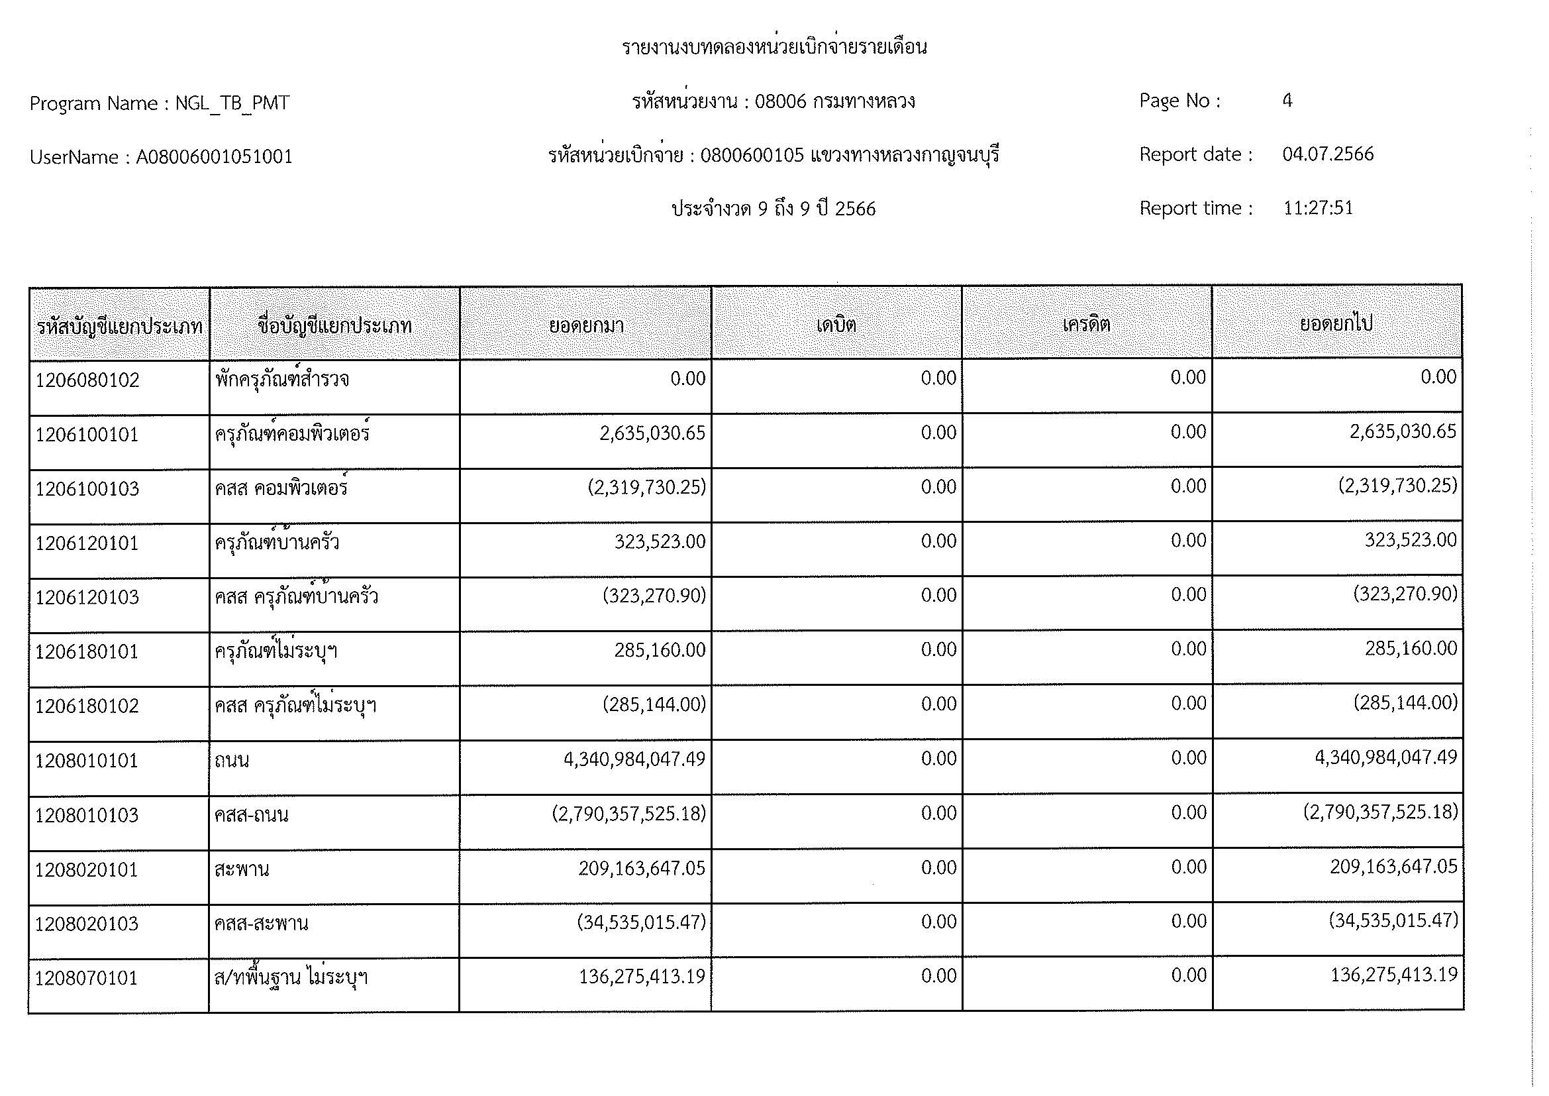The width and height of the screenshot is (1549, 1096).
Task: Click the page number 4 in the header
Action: point(1287,101)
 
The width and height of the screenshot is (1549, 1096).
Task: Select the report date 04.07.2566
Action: point(1327,154)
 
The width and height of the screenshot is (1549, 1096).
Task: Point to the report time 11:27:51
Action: point(1318,208)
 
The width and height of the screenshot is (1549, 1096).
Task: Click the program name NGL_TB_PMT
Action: point(232,103)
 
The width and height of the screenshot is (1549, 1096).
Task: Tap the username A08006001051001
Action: point(215,157)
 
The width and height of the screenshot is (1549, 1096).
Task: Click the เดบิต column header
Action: point(836,325)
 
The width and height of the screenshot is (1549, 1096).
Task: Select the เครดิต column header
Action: point(1086,325)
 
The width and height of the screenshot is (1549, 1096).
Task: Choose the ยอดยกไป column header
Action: point(1336,324)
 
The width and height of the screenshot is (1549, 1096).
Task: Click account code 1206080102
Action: point(87,380)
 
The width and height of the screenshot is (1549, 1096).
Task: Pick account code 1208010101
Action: point(86,761)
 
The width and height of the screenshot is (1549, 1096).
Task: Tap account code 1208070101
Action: point(86,978)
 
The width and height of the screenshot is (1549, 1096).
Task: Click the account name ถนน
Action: point(232,761)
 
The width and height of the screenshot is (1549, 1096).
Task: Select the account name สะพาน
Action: point(242,869)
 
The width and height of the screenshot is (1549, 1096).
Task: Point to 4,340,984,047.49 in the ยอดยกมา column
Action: point(634,759)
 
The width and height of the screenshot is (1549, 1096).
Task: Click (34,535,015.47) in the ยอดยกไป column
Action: point(1393,920)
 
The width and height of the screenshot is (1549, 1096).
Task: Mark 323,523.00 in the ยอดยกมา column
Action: point(659,541)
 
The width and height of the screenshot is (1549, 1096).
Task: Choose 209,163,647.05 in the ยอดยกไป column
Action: point(1393,867)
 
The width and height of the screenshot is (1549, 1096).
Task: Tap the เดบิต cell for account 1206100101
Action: point(938,433)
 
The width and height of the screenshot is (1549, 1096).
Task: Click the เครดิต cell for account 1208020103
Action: point(1188,921)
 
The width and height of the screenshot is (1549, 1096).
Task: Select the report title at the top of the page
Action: point(774,47)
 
